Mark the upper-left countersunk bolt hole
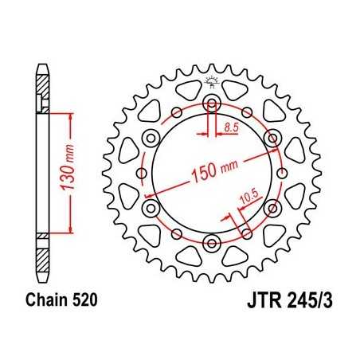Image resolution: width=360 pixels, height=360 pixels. [151, 139]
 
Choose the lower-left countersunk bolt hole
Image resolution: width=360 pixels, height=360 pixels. [151, 208]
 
